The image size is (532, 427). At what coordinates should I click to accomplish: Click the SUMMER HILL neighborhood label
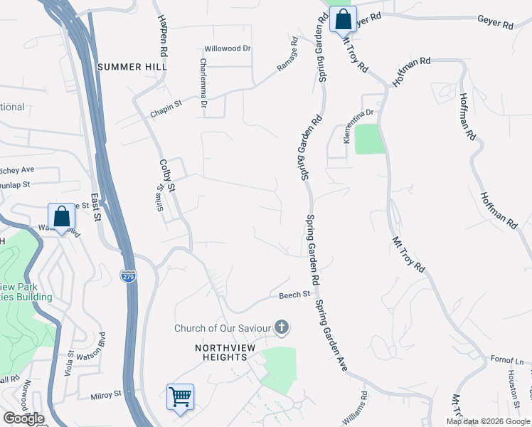(132, 67)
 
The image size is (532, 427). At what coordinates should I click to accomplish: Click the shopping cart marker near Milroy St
(180, 396)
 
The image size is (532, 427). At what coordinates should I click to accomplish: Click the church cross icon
(282, 328)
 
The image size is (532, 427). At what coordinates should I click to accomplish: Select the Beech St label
(294, 294)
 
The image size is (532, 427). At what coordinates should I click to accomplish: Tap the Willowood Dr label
(228, 49)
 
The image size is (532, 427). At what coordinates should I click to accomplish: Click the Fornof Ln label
(507, 361)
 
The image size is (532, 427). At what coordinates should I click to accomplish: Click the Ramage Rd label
(287, 63)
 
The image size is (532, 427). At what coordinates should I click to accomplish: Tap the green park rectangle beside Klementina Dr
(369, 139)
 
